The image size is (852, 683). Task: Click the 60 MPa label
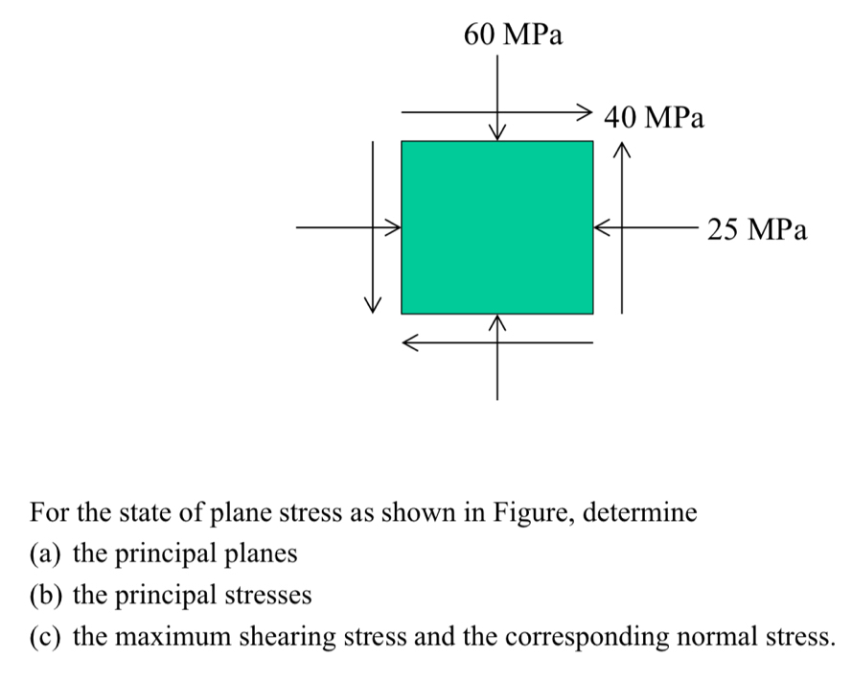click(x=513, y=35)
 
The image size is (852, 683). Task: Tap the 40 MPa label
click(x=654, y=117)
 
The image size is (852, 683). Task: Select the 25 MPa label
click(x=757, y=229)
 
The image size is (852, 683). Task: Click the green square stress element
click(x=497, y=227)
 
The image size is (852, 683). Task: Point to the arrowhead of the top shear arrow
click(x=586, y=112)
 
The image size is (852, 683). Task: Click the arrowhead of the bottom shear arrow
click(x=409, y=342)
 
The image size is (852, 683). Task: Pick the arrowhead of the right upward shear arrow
click(x=622, y=150)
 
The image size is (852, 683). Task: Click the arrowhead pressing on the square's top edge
click(x=497, y=132)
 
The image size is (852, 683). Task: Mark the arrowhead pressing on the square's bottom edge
click(x=497, y=322)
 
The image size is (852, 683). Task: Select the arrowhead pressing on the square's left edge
click(x=393, y=227)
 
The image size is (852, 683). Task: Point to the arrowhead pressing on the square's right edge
click(x=602, y=227)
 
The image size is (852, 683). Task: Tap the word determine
click(x=639, y=512)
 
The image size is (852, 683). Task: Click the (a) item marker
click(x=44, y=554)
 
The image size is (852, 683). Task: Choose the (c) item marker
click(x=44, y=637)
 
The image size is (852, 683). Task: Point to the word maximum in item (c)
click(x=173, y=637)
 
